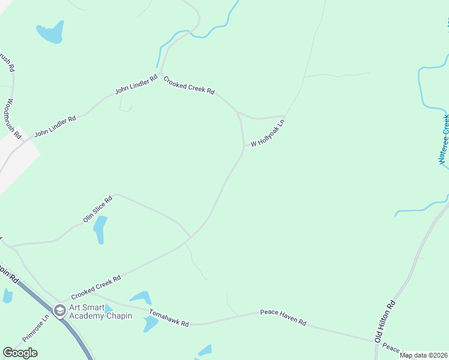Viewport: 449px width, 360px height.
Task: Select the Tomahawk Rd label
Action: point(169,319)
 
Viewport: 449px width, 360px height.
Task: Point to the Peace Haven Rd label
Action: point(283,318)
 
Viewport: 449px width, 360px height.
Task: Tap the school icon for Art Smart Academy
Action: point(59,310)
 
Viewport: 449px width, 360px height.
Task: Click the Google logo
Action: point(20,353)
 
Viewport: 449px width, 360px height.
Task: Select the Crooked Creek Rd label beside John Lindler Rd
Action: point(189,85)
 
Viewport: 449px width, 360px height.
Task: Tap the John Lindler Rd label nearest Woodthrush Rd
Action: point(55,127)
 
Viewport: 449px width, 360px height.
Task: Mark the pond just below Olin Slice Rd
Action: point(100,229)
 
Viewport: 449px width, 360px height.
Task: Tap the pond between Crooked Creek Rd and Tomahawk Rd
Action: point(142,296)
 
